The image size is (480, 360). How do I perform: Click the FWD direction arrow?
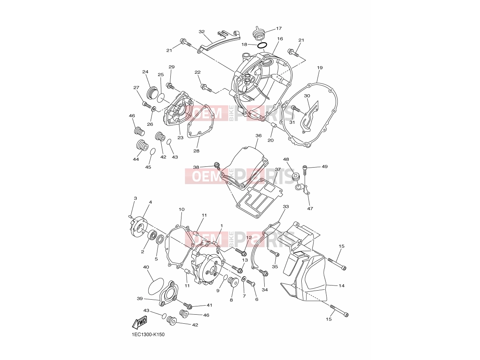(140, 323)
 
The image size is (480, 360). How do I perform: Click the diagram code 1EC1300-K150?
(148, 335)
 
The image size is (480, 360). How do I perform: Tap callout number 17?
(279, 28)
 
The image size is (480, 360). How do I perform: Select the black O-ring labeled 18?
(262, 45)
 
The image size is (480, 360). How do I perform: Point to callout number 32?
(202, 32)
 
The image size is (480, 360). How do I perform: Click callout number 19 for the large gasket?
(320, 68)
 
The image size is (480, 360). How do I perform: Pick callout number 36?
(258, 136)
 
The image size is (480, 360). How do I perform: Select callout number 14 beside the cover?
(341, 286)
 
